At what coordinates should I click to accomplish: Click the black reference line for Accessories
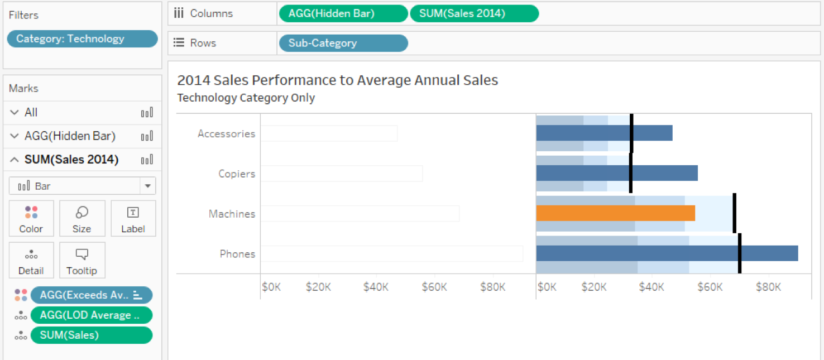click(631, 133)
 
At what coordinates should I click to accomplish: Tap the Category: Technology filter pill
click(82, 39)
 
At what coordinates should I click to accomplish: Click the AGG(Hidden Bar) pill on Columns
click(343, 13)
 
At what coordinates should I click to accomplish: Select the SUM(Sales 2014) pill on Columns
click(474, 13)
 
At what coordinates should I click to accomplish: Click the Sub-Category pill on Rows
click(342, 43)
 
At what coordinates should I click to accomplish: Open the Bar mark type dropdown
click(82, 186)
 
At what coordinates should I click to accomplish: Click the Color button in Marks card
click(31, 219)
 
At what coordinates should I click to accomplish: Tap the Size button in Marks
click(82, 219)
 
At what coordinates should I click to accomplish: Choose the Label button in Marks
click(133, 219)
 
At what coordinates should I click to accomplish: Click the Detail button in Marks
click(31, 261)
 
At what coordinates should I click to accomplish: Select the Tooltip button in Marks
click(82, 261)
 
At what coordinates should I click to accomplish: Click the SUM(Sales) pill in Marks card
click(91, 335)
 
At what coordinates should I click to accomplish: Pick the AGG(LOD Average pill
click(91, 315)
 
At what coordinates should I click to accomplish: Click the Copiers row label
click(237, 174)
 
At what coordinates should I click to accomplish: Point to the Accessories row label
click(226, 133)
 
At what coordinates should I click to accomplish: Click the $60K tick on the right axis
click(710, 287)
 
